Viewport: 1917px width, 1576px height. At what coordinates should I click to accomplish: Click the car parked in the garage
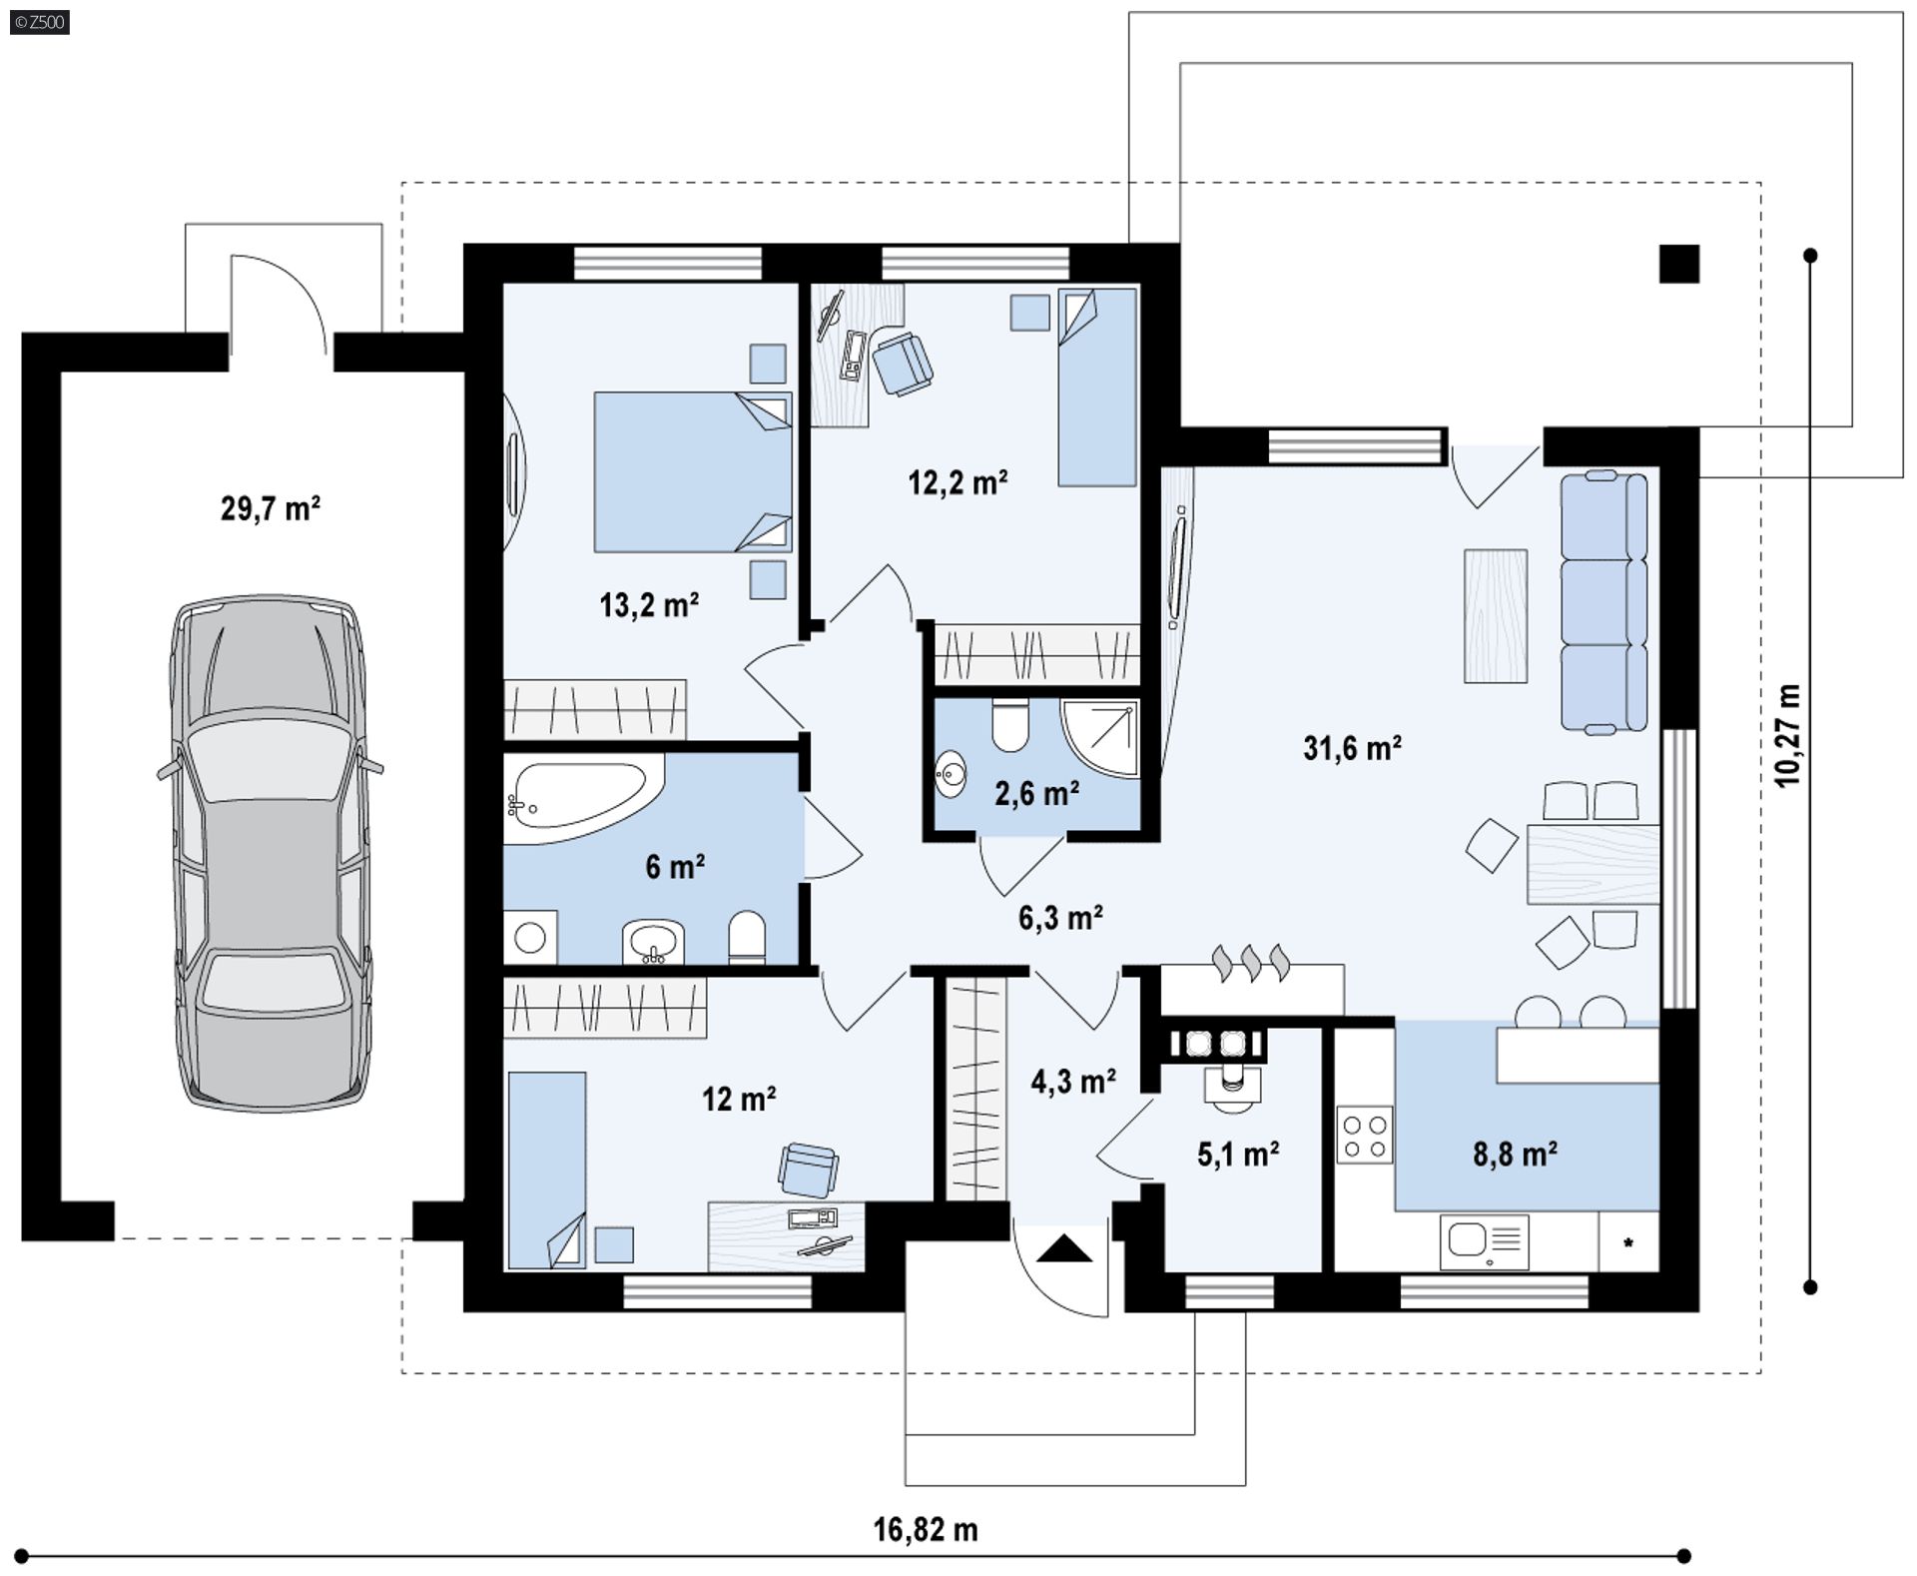270,854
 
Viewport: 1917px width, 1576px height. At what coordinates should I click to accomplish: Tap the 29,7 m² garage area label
270,508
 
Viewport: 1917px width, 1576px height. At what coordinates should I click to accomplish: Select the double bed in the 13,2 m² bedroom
693,471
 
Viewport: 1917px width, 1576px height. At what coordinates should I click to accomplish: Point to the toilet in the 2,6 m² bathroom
1010,725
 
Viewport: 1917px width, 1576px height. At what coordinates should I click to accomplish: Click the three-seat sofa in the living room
1603,601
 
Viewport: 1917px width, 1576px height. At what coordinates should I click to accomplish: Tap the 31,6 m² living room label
1352,747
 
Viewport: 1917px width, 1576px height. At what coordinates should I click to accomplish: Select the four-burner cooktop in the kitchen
1365,1135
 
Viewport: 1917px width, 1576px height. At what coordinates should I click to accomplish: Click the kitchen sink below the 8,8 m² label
1484,1242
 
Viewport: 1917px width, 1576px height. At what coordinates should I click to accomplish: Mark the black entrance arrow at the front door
1064,1248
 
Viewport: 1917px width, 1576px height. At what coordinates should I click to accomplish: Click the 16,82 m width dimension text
926,1529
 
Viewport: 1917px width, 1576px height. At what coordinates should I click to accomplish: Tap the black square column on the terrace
1679,264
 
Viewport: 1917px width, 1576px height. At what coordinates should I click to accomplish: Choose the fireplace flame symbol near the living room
1251,963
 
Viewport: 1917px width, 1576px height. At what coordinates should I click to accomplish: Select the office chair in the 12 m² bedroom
808,1170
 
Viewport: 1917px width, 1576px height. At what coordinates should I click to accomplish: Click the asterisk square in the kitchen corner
1628,1242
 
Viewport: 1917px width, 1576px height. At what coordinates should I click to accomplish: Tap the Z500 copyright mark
40,22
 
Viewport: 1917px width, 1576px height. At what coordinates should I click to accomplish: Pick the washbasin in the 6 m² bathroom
653,942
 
